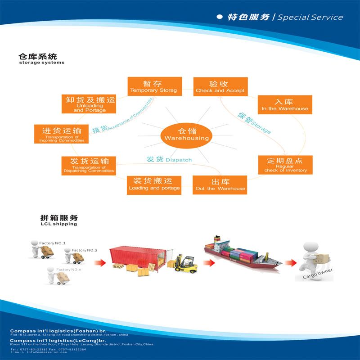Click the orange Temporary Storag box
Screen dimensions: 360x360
154,86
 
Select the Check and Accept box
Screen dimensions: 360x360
220,86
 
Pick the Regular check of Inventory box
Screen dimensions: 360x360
285,165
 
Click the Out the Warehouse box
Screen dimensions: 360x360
220,184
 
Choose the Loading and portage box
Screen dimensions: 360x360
154,184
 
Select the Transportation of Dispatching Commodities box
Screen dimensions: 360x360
89,165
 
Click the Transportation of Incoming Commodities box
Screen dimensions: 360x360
62,134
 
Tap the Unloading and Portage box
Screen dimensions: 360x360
89,104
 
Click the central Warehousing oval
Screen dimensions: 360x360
187,134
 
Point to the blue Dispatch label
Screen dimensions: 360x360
169,160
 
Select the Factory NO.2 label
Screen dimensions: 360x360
85,250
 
